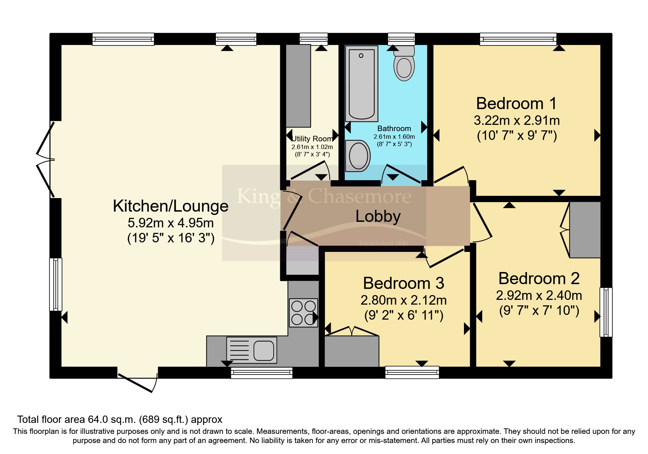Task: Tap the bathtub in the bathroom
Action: click(361, 83)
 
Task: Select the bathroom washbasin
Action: click(358, 156)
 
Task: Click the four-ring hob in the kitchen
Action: click(303, 313)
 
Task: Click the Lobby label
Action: click(378, 216)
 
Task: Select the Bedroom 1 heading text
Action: click(516, 104)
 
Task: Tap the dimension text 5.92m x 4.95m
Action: click(171, 223)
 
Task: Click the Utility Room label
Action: click(312, 139)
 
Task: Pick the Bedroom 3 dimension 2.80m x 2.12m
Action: click(404, 300)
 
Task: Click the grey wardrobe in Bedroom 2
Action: click(585, 230)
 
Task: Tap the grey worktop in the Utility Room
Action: click(298, 86)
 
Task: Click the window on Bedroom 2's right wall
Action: click(606, 312)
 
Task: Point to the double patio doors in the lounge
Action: click(46, 160)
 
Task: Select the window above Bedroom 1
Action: click(518, 39)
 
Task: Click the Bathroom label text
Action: click(394, 129)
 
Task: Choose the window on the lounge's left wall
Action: click(56, 284)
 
